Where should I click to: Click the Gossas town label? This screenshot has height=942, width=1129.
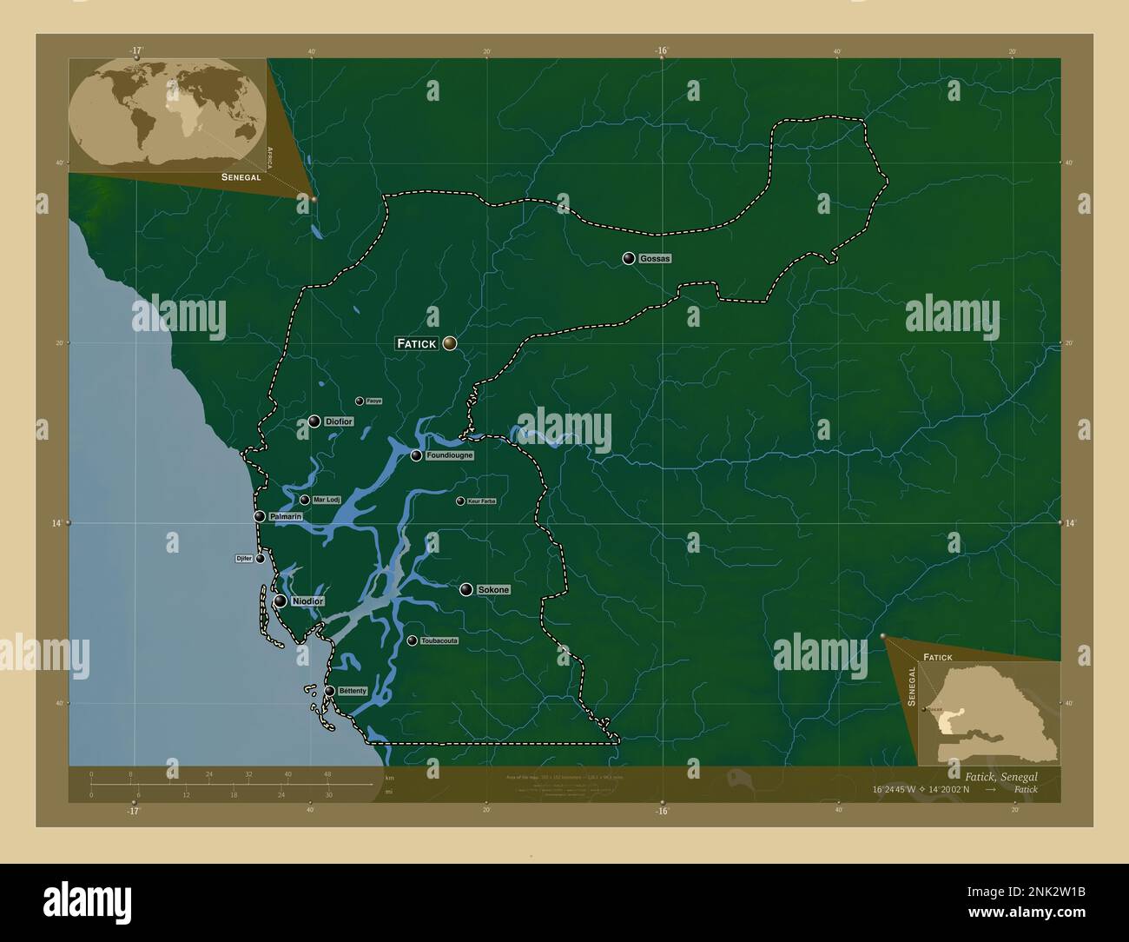coord(655,259)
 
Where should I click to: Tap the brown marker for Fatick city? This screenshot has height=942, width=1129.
coord(449,343)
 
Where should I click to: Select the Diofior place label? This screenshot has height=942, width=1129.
coord(339,421)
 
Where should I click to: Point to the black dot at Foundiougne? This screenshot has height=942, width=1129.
coord(417,455)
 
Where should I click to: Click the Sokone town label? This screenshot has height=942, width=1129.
coord(493,590)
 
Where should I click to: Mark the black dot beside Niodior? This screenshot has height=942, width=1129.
coord(281,601)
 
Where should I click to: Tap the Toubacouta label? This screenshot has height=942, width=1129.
coord(439,641)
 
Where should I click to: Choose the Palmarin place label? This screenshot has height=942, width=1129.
coord(286,517)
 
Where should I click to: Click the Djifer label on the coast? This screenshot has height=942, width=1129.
coord(243,558)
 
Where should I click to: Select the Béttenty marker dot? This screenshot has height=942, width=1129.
coord(330,692)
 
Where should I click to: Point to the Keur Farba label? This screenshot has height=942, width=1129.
coord(481,501)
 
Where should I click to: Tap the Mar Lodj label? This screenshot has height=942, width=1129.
coord(327,500)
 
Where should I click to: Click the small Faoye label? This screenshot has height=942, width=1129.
coord(373,401)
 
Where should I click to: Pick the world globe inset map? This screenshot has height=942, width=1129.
coord(168,115)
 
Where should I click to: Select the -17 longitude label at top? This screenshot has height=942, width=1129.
coord(135,50)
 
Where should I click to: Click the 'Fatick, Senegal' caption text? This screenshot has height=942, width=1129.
coord(1000,775)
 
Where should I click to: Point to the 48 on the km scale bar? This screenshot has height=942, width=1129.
coord(327,773)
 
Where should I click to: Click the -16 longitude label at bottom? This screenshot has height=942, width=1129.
coord(662,812)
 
